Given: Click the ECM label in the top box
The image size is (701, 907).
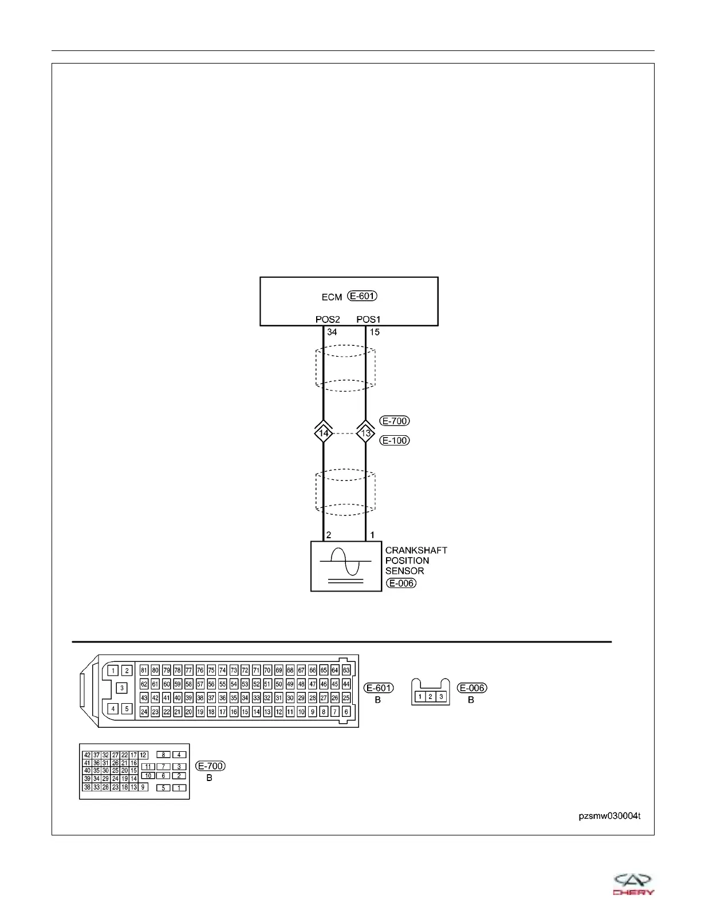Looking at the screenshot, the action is (x=332, y=297).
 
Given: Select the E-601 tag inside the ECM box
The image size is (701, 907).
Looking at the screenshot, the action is (x=363, y=296).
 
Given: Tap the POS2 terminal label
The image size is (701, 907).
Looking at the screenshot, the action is (x=328, y=320).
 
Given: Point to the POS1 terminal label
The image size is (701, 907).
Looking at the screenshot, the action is (x=368, y=320).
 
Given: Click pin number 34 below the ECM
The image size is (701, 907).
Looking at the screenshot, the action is (x=332, y=332).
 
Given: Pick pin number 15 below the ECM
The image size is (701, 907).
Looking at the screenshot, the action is (x=375, y=332).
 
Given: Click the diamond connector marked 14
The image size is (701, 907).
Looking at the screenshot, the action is (x=324, y=433).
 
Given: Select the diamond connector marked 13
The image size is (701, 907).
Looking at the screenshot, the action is (x=366, y=433).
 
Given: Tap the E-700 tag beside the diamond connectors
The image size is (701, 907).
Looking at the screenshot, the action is (x=395, y=421).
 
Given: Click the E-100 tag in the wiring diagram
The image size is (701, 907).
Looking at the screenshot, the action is (x=395, y=440).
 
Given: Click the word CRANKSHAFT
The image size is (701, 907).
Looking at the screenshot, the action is (x=416, y=550).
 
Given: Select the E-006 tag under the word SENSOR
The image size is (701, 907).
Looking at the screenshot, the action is (x=401, y=583).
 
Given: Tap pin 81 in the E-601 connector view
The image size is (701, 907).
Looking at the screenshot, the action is (x=144, y=671).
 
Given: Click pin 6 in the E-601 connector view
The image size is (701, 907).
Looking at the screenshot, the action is (x=346, y=712).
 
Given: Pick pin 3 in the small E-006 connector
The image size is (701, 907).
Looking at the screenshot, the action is (x=441, y=697).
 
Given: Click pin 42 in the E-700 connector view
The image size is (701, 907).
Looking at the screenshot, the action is (x=87, y=755).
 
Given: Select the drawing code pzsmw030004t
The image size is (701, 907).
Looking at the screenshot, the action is (x=609, y=816).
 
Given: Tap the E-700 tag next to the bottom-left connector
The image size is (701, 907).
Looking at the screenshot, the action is (x=210, y=766).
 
